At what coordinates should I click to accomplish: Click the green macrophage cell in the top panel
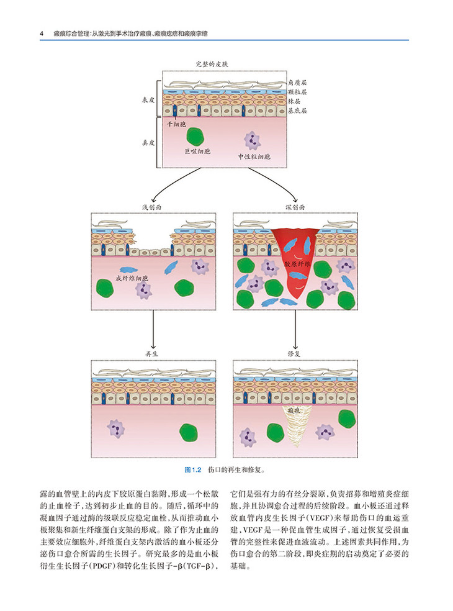197,137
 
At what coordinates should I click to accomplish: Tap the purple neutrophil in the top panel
252,141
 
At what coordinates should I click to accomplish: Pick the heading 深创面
294,207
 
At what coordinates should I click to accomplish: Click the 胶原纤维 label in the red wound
297,265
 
